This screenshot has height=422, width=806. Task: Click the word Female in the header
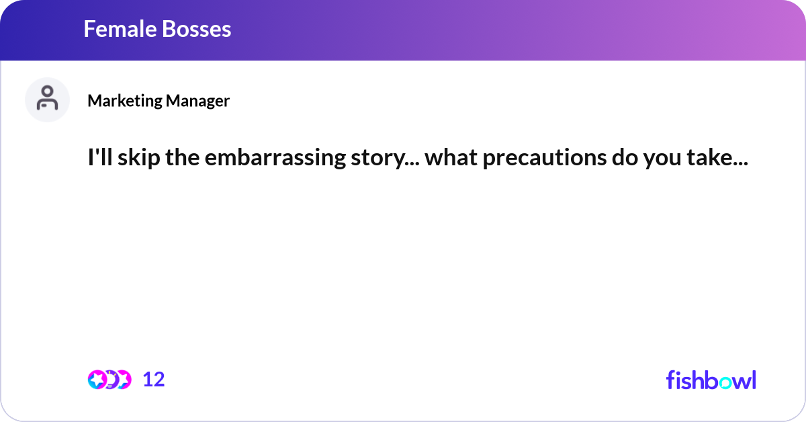[x=114, y=29]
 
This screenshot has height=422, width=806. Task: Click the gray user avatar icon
[x=47, y=99]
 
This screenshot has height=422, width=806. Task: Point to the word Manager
[x=197, y=101]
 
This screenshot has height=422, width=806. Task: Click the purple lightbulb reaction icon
[x=111, y=380]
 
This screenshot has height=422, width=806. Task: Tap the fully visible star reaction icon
[x=97, y=380]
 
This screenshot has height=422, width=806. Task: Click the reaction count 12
[x=153, y=380]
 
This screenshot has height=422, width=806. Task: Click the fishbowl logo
[x=711, y=380]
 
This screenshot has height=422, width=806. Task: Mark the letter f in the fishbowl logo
[x=670, y=380]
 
